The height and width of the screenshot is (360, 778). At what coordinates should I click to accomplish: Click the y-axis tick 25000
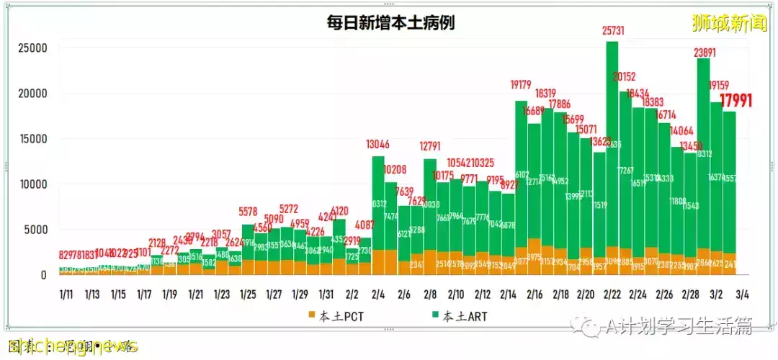tap(32, 49)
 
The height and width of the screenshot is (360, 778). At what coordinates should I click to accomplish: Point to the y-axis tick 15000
tap(32, 140)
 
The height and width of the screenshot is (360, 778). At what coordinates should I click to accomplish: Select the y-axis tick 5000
tap(35, 230)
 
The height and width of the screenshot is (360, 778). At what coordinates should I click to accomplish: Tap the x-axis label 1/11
tap(66, 294)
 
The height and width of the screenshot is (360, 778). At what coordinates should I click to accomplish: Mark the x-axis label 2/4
tap(377, 294)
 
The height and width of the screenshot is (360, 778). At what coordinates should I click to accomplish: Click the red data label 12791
tap(430, 146)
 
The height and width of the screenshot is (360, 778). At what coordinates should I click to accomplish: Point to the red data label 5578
tap(248, 212)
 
